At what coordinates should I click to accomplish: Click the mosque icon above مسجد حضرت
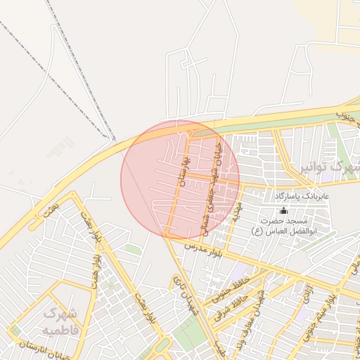click(283, 210)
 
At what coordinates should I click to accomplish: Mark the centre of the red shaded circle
click(180, 180)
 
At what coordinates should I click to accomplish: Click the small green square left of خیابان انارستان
click(15, 330)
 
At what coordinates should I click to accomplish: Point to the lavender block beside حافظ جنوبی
click(240, 271)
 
